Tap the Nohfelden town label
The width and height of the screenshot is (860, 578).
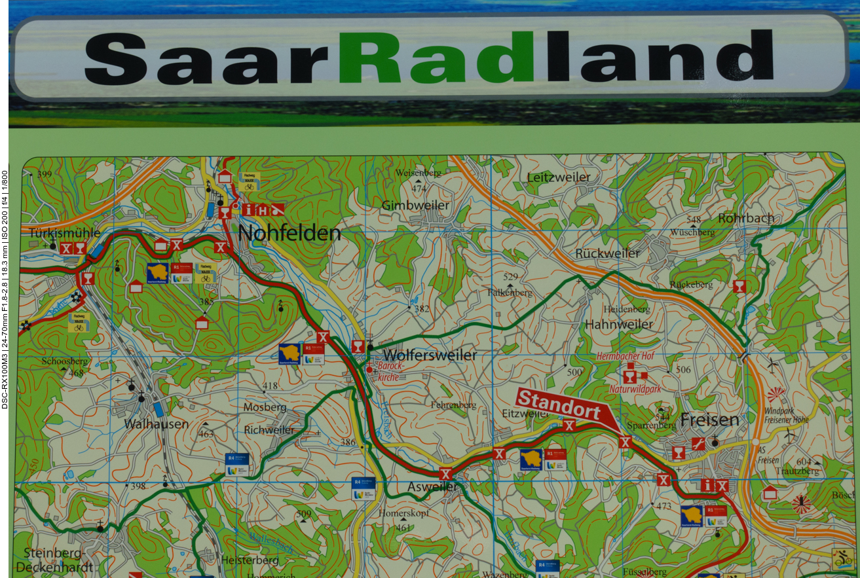[x=289, y=233]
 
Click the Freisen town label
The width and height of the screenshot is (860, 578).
[x=709, y=420]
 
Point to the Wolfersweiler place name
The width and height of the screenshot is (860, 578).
[x=430, y=355]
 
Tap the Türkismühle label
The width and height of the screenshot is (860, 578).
[x=64, y=232]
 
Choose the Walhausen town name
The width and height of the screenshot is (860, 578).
[x=157, y=424]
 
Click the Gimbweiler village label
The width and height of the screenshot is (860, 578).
[x=416, y=206]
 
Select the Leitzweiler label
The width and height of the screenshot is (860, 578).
[x=559, y=177]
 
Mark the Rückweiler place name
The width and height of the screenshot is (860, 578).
[x=607, y=253]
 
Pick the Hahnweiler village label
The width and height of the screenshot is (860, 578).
[x=619, y=324]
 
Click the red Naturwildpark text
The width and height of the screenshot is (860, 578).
[x=635, y=389]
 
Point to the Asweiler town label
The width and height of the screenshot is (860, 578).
[x=432, y=487]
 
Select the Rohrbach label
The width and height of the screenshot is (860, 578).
[x=746, y=218]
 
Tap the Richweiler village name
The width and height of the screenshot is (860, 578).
[x=269, y=430]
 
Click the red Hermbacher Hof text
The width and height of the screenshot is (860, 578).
[x=625, y=356]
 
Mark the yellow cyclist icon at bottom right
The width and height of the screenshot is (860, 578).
[x=841, y=558]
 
